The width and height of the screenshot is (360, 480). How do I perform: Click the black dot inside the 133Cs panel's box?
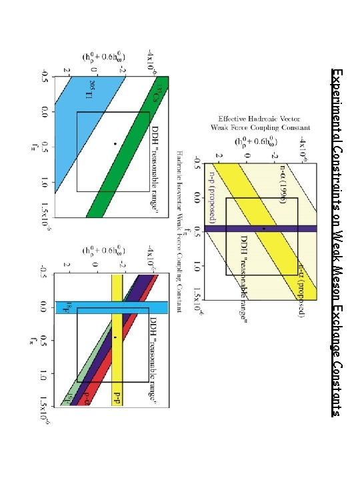tap(115, 144)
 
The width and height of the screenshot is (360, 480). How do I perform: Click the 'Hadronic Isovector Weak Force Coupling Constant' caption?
tap(179, 232)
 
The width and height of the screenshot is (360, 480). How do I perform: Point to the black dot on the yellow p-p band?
tap(115, 338)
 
